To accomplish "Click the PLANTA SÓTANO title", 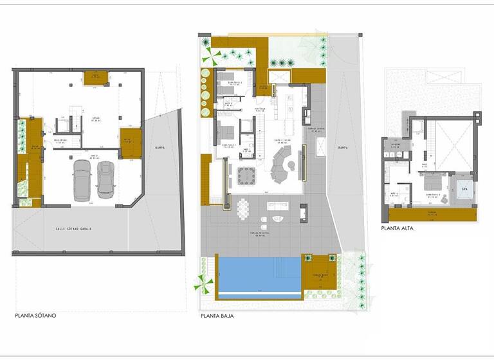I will coord(36,316).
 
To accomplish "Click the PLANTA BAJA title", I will coord(217,316).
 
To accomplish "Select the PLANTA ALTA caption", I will coord(397,228).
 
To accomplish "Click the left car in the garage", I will coord(82,180).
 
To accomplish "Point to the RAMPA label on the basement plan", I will coord(160,147).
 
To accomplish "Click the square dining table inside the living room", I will coord(246,174).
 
